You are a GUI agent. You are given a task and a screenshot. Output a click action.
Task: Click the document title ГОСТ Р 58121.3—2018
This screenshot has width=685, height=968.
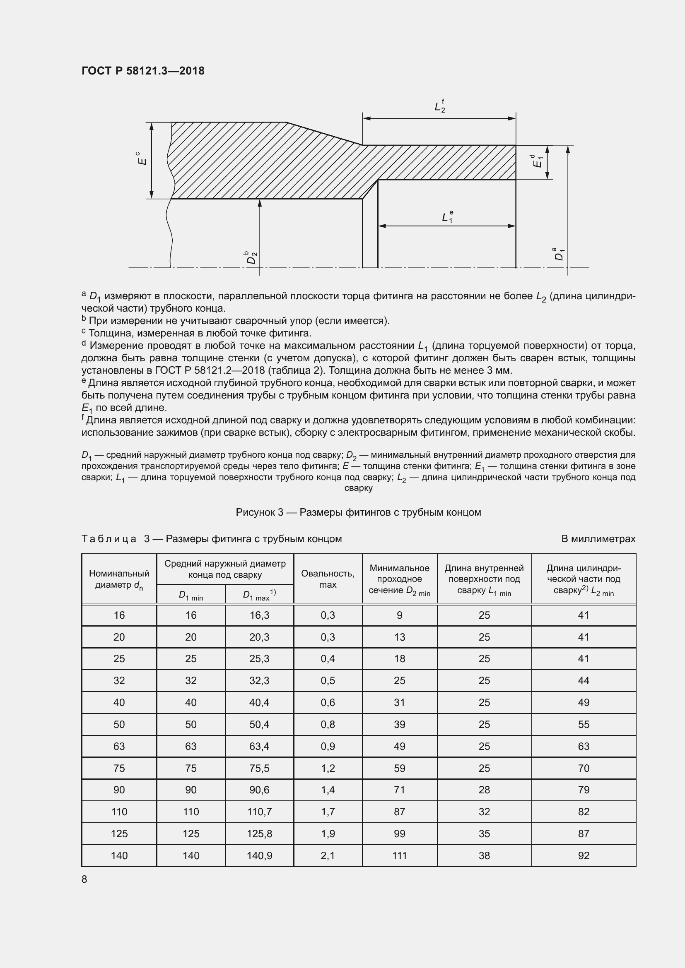tap(142, 71)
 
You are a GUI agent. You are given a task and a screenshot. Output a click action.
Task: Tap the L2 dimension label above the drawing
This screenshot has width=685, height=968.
tap(439, 106)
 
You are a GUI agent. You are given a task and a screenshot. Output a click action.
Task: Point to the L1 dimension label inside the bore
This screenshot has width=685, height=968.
tap(447, 217)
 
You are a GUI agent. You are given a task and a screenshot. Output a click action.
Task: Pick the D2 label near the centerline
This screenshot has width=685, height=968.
tap(252, 257)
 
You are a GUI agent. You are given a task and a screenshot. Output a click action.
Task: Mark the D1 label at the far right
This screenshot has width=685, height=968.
tap(559, 255)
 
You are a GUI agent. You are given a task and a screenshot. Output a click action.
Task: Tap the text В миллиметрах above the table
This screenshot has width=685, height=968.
tap(598, 539)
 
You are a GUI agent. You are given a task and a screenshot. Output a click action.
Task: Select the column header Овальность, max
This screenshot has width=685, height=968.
tap(327, 579)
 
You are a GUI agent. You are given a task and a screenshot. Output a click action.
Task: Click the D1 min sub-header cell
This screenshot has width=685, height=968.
tap(191, 595)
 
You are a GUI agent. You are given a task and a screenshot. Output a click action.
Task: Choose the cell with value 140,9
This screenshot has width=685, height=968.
tap(259, 855)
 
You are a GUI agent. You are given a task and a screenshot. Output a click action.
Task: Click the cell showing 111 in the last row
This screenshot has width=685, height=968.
tap(399, 855)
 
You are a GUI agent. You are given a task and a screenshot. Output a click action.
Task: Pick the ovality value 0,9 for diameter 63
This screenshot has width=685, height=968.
tap(327, 746)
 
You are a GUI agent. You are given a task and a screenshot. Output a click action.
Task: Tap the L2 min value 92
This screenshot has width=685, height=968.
tap(584, 855)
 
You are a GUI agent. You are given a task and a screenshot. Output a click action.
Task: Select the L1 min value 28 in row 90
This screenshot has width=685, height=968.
tap(484, 790)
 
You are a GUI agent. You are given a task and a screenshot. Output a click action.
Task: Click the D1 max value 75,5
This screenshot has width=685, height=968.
tap(259, 768)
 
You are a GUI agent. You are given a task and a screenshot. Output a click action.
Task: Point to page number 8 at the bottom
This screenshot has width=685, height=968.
tap(84, 879)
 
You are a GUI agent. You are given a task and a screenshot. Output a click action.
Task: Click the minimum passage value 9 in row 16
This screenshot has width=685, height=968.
tap(399, 615)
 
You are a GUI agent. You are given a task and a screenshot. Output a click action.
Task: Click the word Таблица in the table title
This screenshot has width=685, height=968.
tap(109, 539)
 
